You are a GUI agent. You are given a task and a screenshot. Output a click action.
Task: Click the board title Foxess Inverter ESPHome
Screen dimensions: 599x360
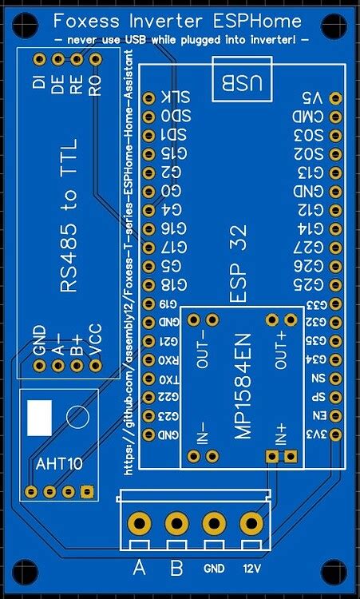[x=177, y=20]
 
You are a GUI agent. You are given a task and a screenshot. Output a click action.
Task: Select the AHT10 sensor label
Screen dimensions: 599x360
[x=59, y=462]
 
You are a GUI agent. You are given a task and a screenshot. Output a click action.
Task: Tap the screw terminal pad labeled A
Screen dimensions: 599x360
[x=140, y=524]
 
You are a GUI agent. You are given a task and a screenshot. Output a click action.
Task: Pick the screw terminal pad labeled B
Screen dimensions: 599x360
[x=176, y=524]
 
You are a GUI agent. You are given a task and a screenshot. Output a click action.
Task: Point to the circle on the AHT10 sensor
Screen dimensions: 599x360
[x=77, y=415]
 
